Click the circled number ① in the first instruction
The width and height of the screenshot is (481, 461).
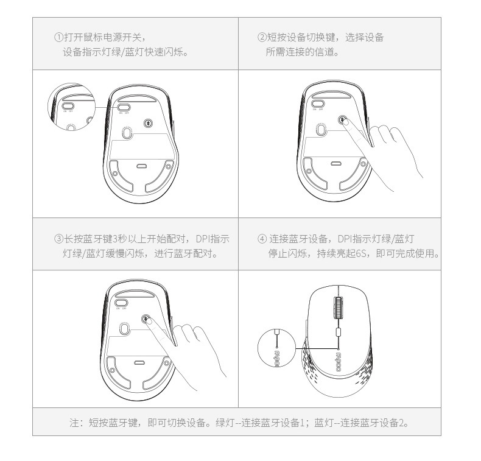58,37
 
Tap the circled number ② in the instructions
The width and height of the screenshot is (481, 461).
262,37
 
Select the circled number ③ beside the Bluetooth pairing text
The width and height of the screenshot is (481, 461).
58,239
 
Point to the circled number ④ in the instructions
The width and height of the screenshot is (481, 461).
262,239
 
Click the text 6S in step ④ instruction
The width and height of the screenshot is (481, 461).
360,253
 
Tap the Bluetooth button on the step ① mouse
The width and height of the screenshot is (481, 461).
149,123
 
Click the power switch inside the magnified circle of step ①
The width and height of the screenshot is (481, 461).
68,106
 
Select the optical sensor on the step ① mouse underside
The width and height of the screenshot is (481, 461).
127,133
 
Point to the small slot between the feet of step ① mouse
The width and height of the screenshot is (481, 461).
141,166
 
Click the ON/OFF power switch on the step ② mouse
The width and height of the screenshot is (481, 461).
318,104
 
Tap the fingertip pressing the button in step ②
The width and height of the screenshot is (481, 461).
346,122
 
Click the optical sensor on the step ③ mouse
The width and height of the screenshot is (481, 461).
124,329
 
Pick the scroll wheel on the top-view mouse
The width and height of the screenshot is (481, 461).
338,308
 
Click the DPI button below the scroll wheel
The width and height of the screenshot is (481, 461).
339,331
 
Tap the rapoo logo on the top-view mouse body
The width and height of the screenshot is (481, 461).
339,362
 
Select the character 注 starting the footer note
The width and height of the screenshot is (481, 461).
74,423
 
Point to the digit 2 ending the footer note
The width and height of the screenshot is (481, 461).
402,423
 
